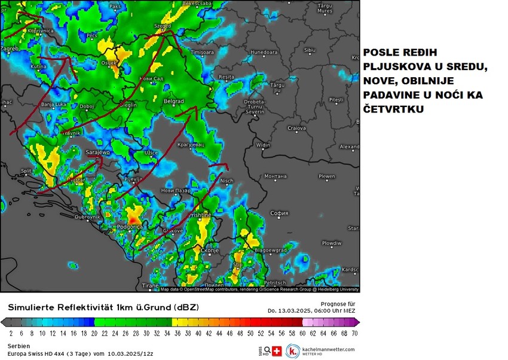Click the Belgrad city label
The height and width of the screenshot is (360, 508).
(x=173, y=102)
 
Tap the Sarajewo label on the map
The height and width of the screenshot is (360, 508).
(x=97, y=152)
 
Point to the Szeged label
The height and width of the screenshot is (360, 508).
(x=163, y=26)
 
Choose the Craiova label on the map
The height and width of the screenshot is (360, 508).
(x=296, y=128)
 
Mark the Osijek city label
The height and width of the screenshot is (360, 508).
(x=108, y=62)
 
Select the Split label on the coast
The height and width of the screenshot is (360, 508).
(x=26, y=171)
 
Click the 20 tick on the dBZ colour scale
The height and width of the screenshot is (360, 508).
(x=94, y=333)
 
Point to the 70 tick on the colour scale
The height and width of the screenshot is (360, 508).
(x=354, y=333)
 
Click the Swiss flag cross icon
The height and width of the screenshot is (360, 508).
(x=277, y=351)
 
